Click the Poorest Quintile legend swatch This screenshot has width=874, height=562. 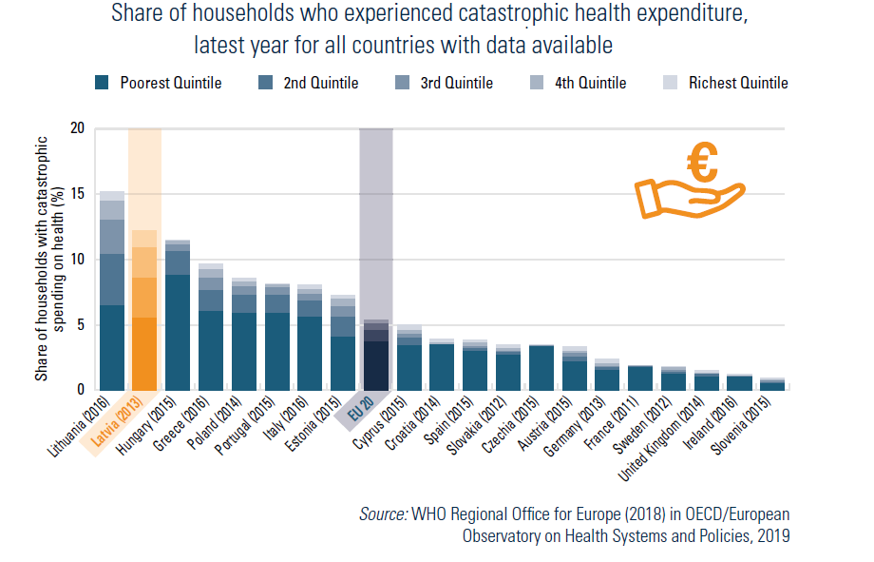tap(102, 83)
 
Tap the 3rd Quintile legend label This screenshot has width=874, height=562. tap(456, 83)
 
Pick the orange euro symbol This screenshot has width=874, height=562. tap(703, 163)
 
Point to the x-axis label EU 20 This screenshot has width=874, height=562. tap(358, 410)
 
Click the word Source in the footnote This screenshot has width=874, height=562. tap(382, 514)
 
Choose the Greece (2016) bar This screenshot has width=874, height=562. tap(211, 333)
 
